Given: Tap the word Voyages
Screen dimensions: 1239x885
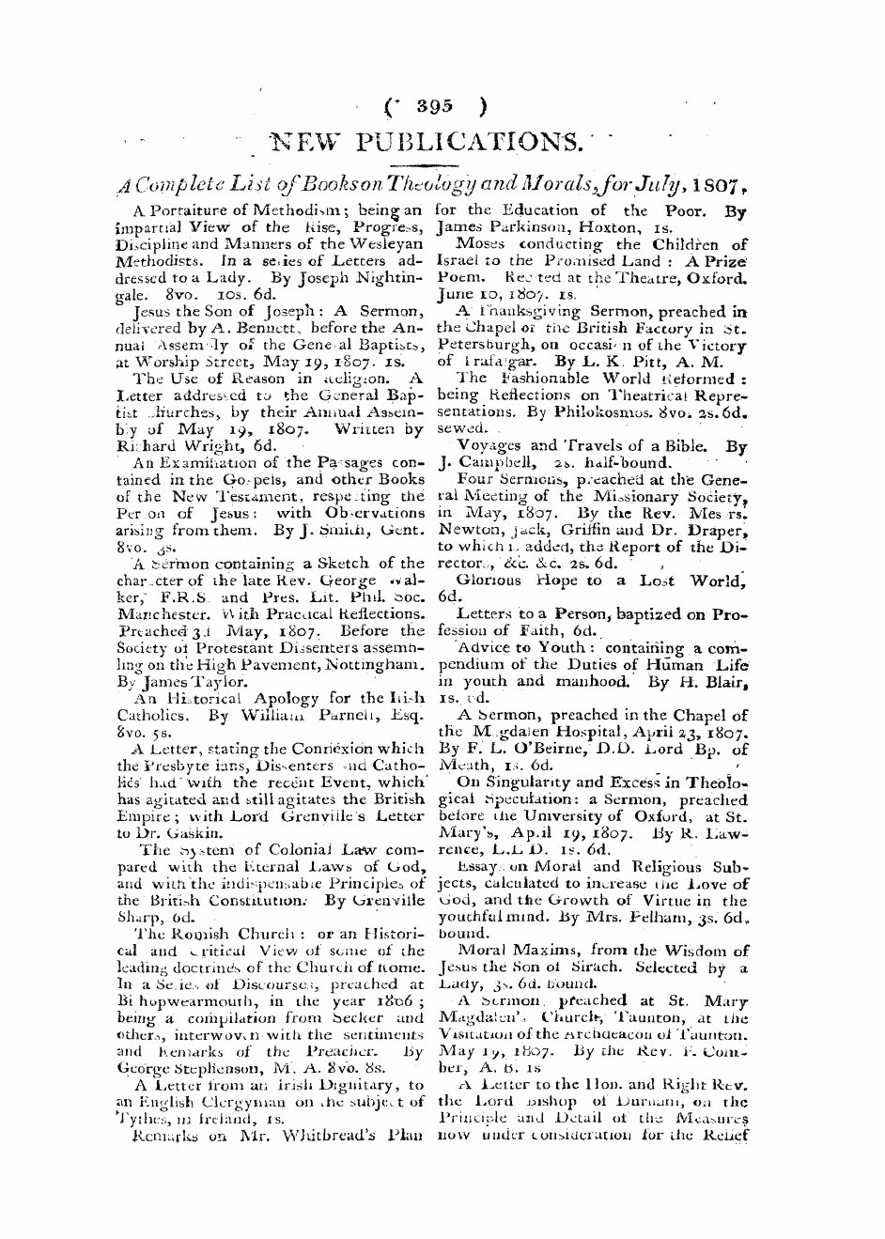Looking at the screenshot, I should pos(488,445).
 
